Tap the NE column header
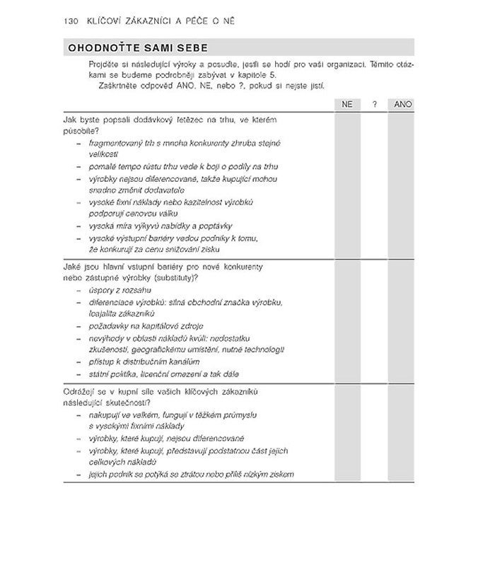tap(346, 104)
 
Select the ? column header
tap(374, 104)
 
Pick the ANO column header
tap(402, 104)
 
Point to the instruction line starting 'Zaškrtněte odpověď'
tap(213, 86)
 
